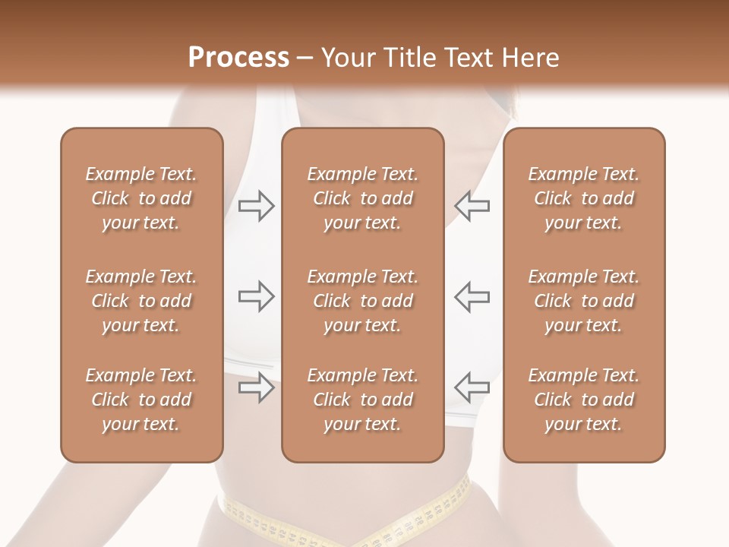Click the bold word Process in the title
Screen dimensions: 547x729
[x=238, y=58]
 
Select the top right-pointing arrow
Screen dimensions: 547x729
[x=257, y=206]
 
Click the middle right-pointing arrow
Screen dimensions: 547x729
[x=257, y=296]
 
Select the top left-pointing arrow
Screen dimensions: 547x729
[x=472, y=206]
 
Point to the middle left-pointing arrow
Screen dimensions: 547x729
[x=472, y=296]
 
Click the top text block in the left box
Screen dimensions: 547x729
[x=141, y=198]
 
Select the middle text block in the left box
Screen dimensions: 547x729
[x=141, y=301]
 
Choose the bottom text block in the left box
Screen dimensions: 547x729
[x=141, y=400]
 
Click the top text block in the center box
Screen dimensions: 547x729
[x=363, y=198]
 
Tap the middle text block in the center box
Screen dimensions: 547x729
[x=363, y=301]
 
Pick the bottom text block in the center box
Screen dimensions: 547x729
[x=363, y=400]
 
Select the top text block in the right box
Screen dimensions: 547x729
[x=584, y=198]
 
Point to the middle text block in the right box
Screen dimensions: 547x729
[x=584, y=301]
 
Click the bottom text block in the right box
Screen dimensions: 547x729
[x=584, y=400]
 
